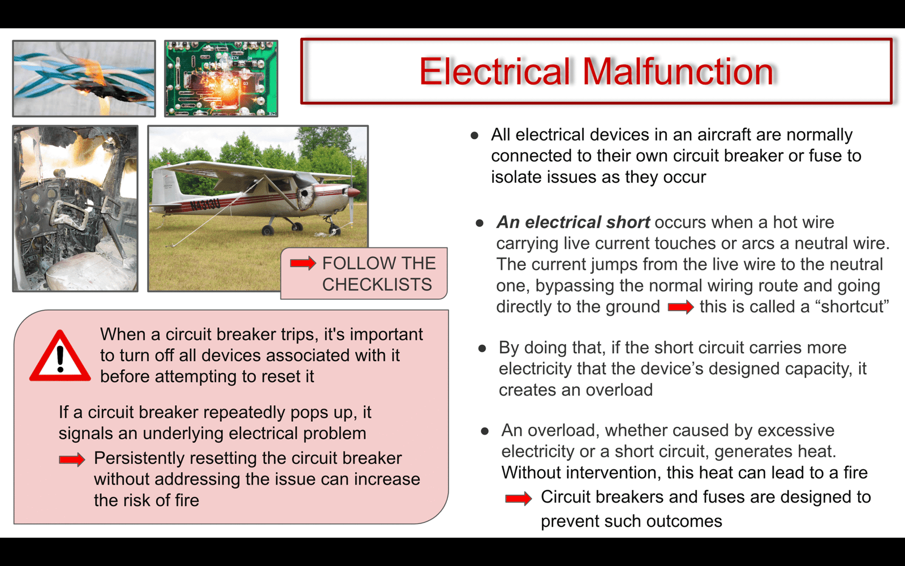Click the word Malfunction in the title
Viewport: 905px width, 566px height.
[x=678, y=71]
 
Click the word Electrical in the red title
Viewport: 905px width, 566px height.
[x=495, y=71]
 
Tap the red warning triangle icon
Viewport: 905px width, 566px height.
[x=60, y=356]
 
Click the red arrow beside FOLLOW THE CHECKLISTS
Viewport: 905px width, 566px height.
[x=303, y=263]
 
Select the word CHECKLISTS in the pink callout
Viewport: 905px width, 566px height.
[x=377, y=284]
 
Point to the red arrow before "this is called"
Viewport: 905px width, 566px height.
[x=681, y=307]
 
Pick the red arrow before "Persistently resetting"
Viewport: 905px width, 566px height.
[x=72, y=459]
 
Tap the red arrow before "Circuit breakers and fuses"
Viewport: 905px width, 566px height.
[x=518, y=498]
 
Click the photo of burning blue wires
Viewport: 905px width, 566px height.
[x=84, y=79]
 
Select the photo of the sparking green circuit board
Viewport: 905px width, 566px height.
[x=221, y=79]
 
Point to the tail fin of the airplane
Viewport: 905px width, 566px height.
[x=163, y=186]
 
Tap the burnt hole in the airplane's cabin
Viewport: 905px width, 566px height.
[x=305, y=198]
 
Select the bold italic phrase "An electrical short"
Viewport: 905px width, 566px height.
[x=574, y=222]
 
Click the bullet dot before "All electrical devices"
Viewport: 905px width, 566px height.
[x=475, y=135]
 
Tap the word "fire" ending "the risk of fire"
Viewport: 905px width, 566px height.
[x=186, y=500]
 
